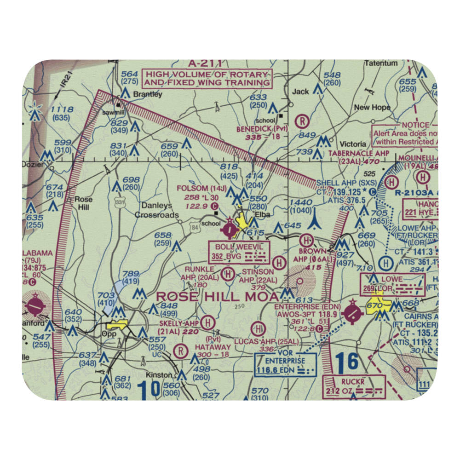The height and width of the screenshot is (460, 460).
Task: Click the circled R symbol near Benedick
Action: pos(302,121)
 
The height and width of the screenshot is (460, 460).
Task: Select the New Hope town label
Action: pos(372,108)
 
